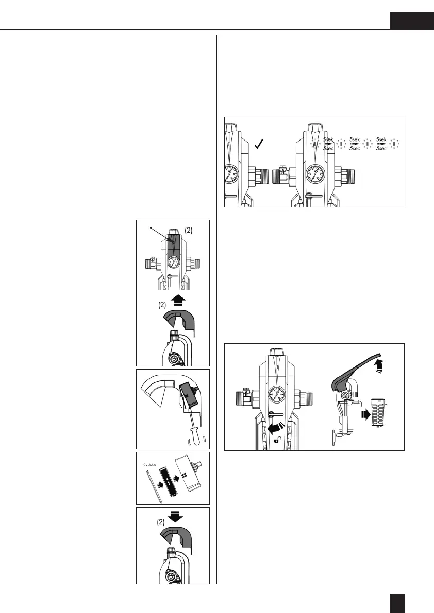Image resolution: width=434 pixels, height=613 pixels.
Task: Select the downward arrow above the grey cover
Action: pyautogui.click(x=173, y=516)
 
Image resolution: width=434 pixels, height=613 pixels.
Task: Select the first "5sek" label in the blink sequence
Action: pyautogui.click(x=329, y=139)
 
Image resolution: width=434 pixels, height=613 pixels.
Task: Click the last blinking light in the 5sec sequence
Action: pyautogui.click(x=395, y=144)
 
